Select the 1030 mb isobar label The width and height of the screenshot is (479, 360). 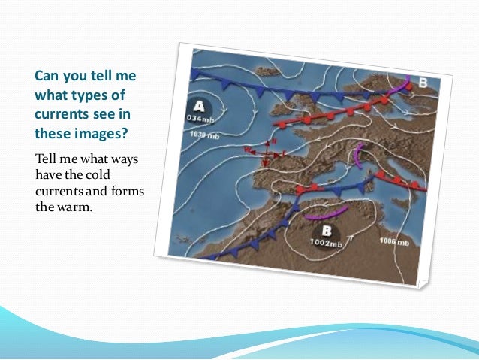tap(204, 135)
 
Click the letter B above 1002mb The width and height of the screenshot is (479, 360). tap(327, 230)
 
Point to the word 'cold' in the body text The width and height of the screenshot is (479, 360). tap(110, 175)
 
